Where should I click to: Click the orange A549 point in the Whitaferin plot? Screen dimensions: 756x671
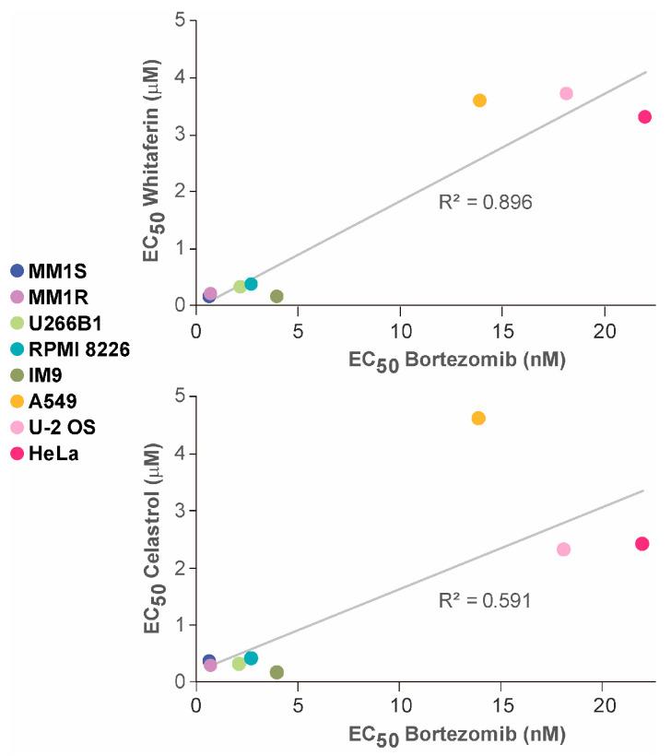[479, 100]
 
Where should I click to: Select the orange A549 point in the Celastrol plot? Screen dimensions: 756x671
[478, 418]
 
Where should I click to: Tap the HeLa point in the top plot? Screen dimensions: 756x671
[644, 117]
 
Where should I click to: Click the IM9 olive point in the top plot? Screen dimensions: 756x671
[277, 296]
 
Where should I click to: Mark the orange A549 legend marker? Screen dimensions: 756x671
[17, 401]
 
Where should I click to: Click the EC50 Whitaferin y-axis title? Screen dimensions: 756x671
[152, 164]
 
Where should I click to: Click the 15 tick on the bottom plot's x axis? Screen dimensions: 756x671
[501, 705]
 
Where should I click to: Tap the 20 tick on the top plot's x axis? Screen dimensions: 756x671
[604, 329]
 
